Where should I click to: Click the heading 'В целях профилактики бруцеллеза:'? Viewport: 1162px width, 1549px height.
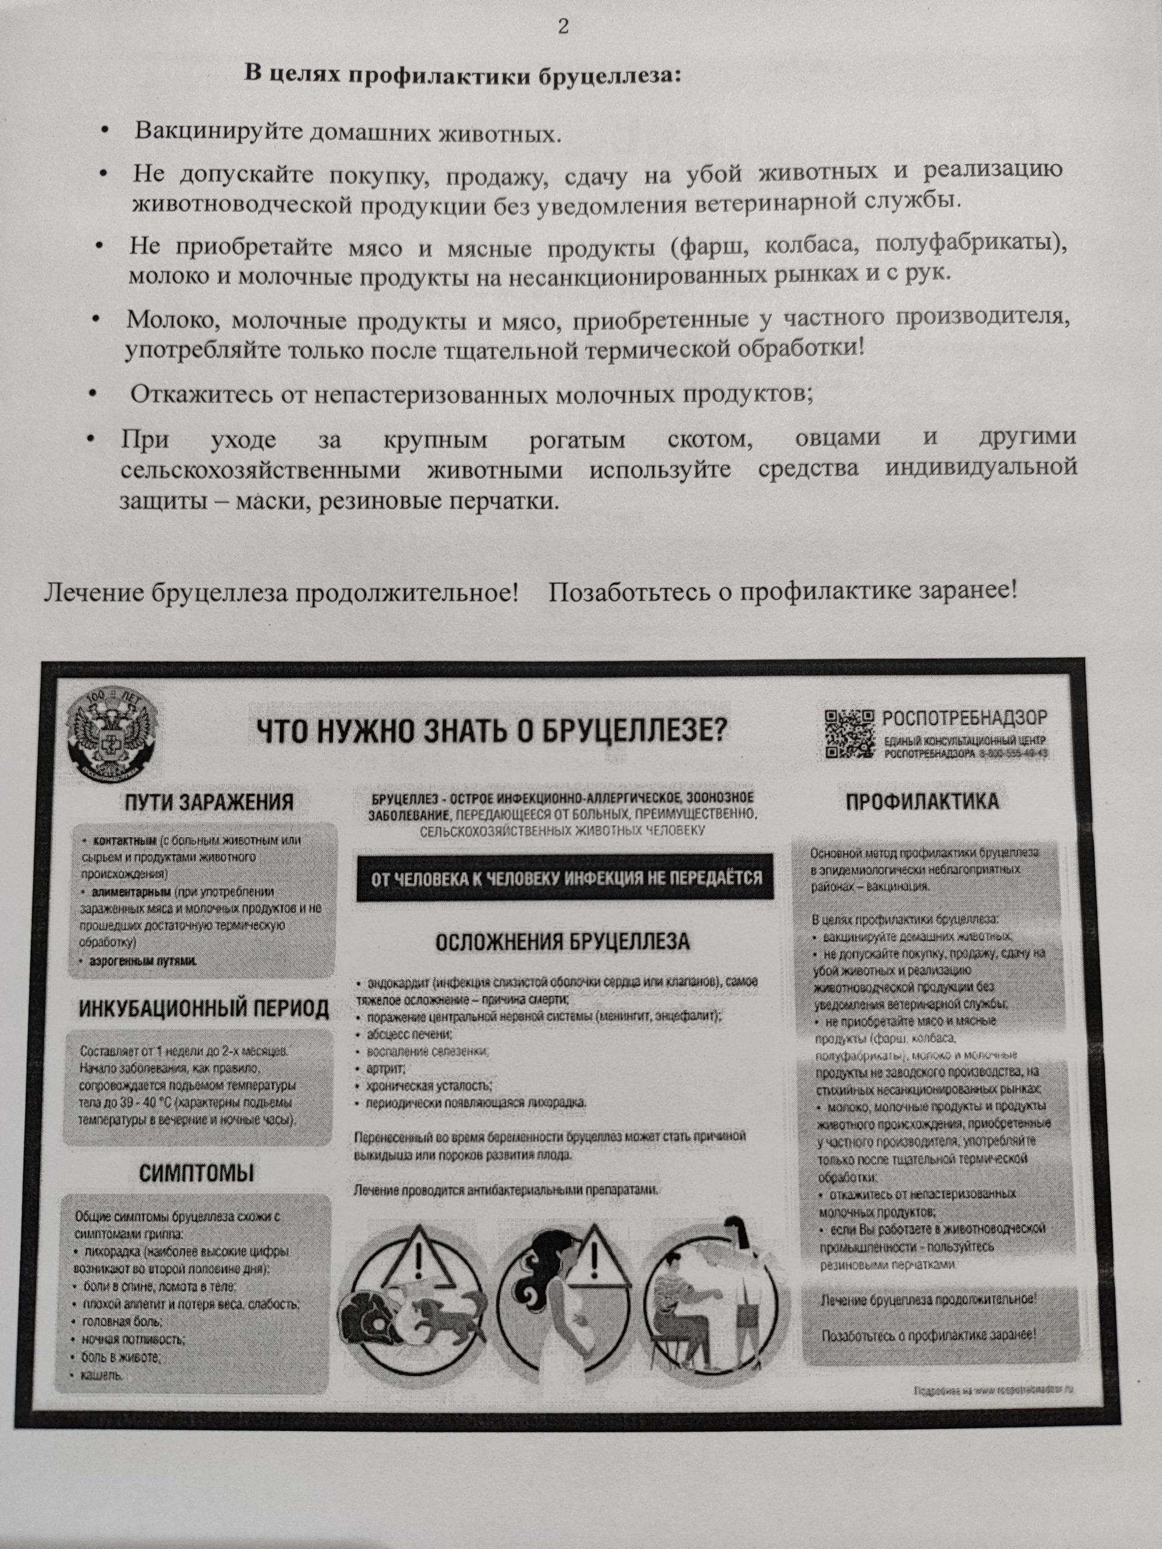pos(462,74)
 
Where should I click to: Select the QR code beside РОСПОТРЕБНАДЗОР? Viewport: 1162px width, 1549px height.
pos(849,733)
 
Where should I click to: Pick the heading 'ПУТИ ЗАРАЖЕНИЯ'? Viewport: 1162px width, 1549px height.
pos(208,802)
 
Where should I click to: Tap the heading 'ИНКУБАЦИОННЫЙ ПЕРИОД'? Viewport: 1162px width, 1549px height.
pos(203,1009)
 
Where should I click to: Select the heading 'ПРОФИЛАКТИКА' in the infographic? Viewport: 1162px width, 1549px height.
pos(922,802)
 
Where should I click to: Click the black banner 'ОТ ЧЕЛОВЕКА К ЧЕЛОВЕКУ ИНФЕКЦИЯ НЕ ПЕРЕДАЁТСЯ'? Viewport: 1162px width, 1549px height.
pos(565,877)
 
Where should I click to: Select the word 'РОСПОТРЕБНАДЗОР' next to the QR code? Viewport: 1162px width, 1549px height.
pos(965,718)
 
